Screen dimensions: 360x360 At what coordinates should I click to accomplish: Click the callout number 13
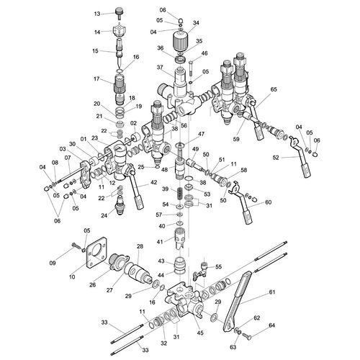point(97,14)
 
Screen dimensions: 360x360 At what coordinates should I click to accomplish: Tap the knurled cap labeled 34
point(180,42)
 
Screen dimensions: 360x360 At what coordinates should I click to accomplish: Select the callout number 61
point(272,292)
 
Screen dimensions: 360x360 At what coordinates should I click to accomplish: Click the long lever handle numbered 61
point(238,300)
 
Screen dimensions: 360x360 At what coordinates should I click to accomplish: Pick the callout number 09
point(53,263)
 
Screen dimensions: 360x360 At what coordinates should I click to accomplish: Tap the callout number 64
point(272,325)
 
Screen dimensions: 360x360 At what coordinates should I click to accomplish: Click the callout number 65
point(274,89)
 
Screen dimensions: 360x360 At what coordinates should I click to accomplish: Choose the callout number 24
point(104,215)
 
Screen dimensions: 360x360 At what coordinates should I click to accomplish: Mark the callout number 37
point(160,68)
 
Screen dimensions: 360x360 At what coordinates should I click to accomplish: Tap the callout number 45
point(200,333)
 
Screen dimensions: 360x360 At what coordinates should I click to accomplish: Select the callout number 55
point(218,267)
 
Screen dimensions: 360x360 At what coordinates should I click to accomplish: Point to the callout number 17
point(96,78)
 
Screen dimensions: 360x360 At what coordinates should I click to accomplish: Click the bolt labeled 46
point(191,68)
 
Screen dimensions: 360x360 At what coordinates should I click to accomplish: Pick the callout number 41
point(160,242)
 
